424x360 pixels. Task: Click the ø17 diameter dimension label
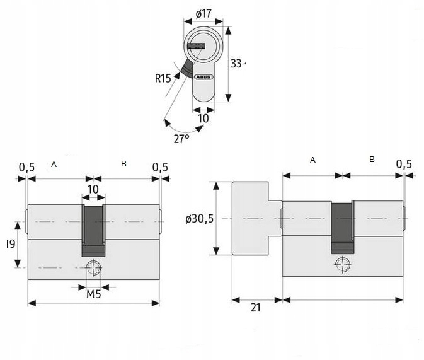(203, 13)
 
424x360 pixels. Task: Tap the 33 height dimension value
(236, 64)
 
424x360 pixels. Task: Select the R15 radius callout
(163, 79)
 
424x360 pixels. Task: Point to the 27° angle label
(181, 139)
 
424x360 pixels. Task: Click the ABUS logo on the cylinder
(203, 77)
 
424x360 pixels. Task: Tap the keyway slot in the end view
(197, 46)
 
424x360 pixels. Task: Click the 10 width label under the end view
(203, 119)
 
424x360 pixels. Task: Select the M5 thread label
(94, 294)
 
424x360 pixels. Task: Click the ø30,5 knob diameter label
(200, 219)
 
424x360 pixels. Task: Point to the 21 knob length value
(256, 308)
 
